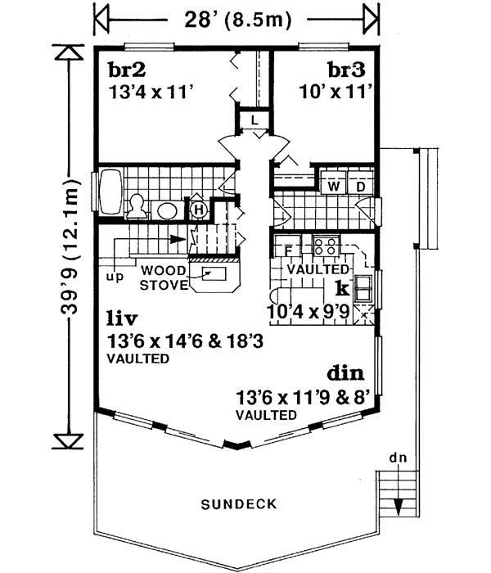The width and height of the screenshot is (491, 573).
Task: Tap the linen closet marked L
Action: (255, 121)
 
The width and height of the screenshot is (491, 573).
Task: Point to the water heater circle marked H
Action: (197, 210)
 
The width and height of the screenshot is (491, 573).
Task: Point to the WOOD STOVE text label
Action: (163, 277)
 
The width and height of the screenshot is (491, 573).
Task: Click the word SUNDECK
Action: (238, 504)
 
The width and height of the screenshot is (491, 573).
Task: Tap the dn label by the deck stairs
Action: (399, 458)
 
